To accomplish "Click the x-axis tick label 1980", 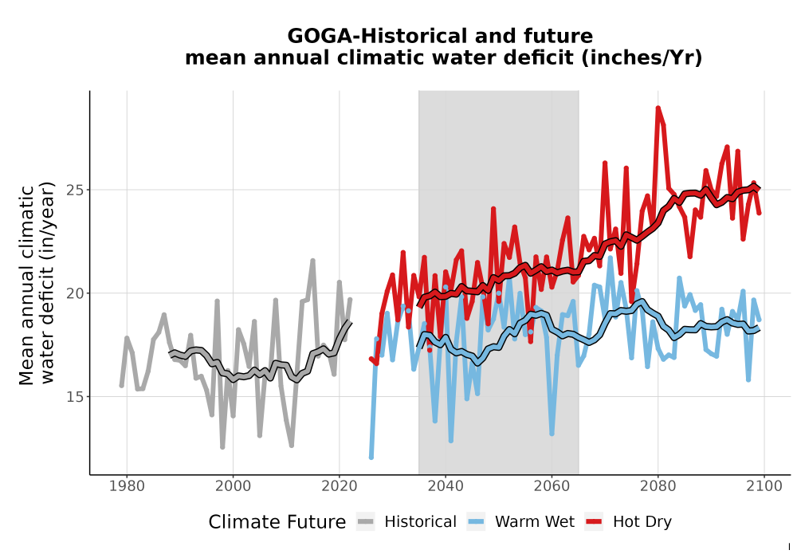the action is pos(127,486).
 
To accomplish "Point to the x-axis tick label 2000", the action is pos(233,486).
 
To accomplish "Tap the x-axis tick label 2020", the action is pos(339,486).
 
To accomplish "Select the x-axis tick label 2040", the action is pos(446,486).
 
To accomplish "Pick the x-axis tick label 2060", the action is pos(552,486).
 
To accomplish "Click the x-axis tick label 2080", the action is pos(658,486).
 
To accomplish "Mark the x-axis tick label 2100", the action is pos(764,486).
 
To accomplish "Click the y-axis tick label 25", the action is pos(75,190).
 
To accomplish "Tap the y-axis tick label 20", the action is pos(75,293).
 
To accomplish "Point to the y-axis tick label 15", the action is pos(75,396).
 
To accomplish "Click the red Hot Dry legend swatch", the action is pos(594,522).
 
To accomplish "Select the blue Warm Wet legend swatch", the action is pos(476,522).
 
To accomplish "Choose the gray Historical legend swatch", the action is pos(366,522).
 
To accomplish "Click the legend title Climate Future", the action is pos(277,522).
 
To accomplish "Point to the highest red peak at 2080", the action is pos(658,108).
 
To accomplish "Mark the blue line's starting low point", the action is pos(371,457).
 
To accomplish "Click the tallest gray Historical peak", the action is pos(312,261).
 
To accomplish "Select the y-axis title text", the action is pos(37,284).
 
